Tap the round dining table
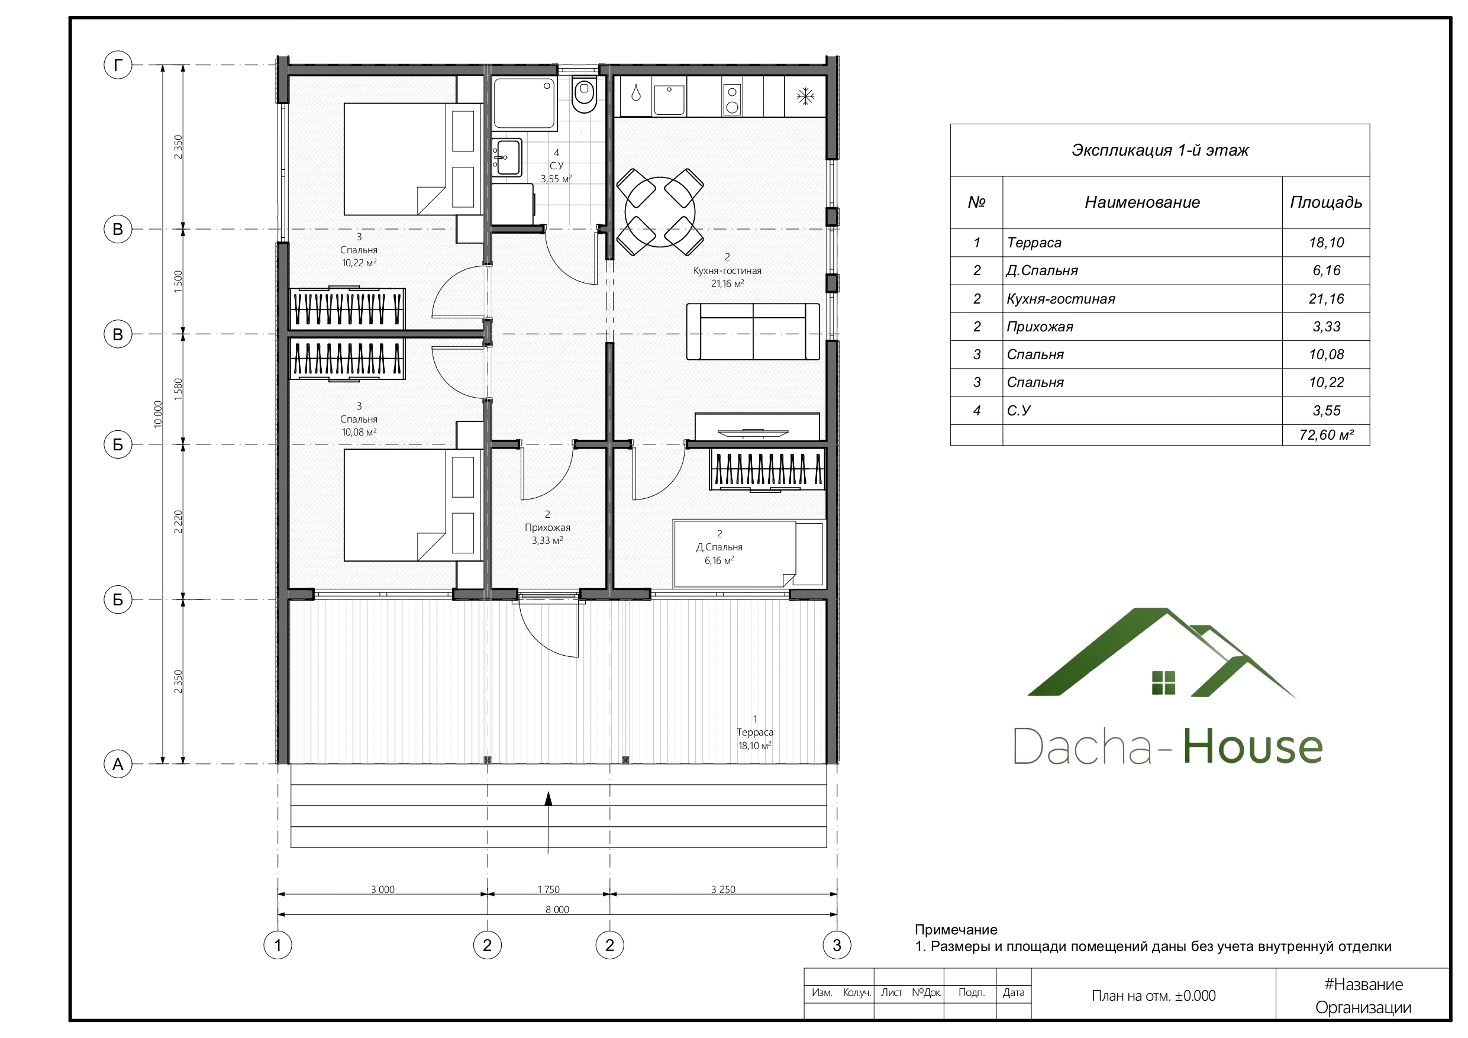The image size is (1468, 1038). pos(660,212)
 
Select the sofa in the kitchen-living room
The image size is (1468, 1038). pos(753,331)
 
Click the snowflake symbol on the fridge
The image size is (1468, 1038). pos(805,96)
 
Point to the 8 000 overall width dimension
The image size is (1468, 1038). pos(557,910)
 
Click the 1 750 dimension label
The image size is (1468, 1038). pos(548,889)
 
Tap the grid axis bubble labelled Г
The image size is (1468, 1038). pos(118,65)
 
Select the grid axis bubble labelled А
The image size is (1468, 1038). pos(118,763)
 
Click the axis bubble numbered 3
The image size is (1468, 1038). pos(837,944)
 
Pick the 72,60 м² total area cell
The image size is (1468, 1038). pos(1326,435)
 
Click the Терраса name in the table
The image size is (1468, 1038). pos(1034,243)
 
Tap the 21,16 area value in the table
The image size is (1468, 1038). pos(1326,299)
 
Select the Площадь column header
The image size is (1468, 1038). pos(1326,202)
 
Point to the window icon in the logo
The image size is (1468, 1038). pos(1163,682)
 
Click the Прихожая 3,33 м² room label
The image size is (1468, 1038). pos(547,528)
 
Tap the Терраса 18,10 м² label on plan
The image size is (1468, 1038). pos(754,732)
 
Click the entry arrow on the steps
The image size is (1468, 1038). pos(548,823)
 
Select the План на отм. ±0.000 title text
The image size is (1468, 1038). pos(1153,996)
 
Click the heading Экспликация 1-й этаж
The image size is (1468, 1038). pos(1160,150)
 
